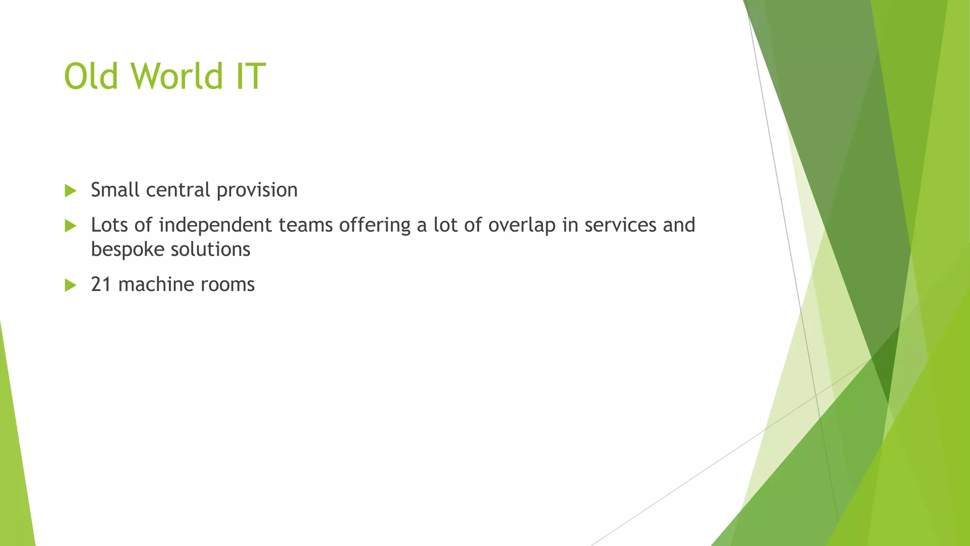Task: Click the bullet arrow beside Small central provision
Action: coord(71,191)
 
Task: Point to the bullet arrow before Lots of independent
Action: coord(71,226)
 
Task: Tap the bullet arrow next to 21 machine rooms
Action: coord(71,285)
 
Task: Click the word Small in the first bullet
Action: coord(115,190)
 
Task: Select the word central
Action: coord(178,190)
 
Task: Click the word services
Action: coord(620,225)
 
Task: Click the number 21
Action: coord(101,284)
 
